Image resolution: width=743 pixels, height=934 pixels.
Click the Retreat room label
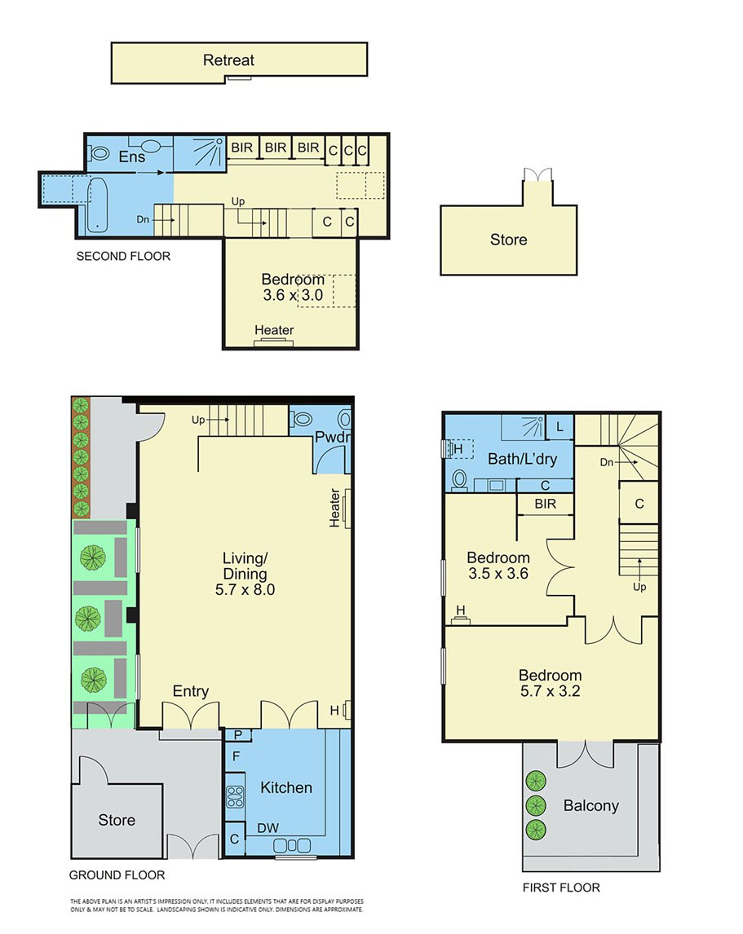(228, 60)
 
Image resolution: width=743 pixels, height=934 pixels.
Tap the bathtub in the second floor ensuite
(97, 205)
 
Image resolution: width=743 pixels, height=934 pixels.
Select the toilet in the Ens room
(99, 154)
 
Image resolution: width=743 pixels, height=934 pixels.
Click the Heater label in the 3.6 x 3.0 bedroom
(274, 330)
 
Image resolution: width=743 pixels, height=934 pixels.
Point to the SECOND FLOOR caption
(123, 256)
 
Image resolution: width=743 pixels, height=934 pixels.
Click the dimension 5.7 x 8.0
(245, 590)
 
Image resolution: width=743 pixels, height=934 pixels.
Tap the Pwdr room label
(332, 437)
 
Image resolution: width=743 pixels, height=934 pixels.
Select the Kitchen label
(286, 787)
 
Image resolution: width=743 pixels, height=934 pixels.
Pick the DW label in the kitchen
(268, 828)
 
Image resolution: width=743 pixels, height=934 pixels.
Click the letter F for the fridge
(237, 756)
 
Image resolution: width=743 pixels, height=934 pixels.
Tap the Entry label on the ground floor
(191, 691)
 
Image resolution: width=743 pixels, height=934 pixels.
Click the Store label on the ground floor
(117, 820)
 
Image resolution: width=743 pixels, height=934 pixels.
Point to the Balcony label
(591, 806)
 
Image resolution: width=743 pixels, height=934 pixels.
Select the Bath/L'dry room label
(522, 459)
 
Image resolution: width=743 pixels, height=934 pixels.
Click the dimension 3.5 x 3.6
(498, 574)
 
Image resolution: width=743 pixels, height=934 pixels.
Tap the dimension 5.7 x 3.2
(550, 691)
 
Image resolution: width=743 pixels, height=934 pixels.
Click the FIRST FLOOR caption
(561, 888)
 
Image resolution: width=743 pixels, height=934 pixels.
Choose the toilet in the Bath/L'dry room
(460, 480)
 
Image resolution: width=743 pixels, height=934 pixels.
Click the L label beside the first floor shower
(559, 427)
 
